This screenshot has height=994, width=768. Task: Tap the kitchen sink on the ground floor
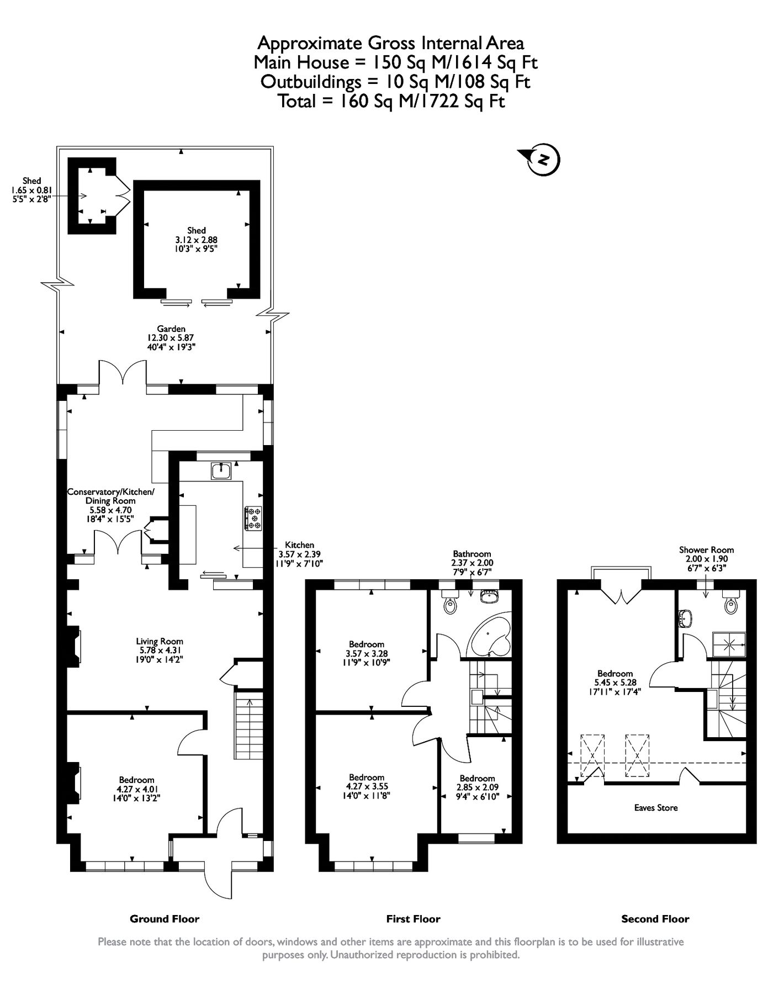(x=222, y=471)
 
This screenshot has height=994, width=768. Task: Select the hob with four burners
(x=255, y=519)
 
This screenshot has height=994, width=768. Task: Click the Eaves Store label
(x=655, y=807)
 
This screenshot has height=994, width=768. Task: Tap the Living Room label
(x=160, y=641)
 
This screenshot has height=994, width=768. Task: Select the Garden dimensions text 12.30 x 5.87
(x=171, y=338)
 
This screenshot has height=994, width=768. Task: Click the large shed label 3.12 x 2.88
(x=197, y=240)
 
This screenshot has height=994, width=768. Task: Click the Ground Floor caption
(x=164, y=919)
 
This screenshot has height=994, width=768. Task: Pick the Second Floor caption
(x=655, y=919)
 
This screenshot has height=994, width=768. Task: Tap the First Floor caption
(x=413, y=919)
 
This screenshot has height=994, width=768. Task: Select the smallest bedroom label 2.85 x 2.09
(x=477, y=787)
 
